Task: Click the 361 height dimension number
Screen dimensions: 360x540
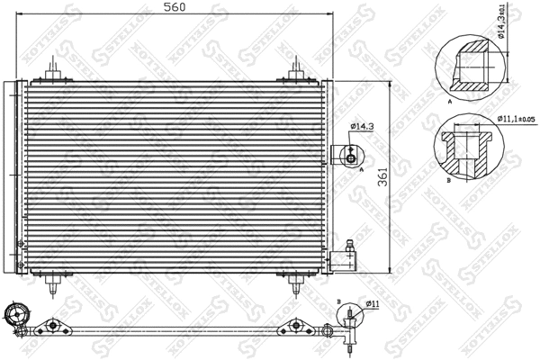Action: (x=382, y=177)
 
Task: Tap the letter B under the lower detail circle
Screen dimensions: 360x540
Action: (x=448, y=180)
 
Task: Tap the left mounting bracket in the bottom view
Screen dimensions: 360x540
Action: (x=55, y=325)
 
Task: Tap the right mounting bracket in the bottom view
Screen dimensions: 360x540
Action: (x=294, y=325)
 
